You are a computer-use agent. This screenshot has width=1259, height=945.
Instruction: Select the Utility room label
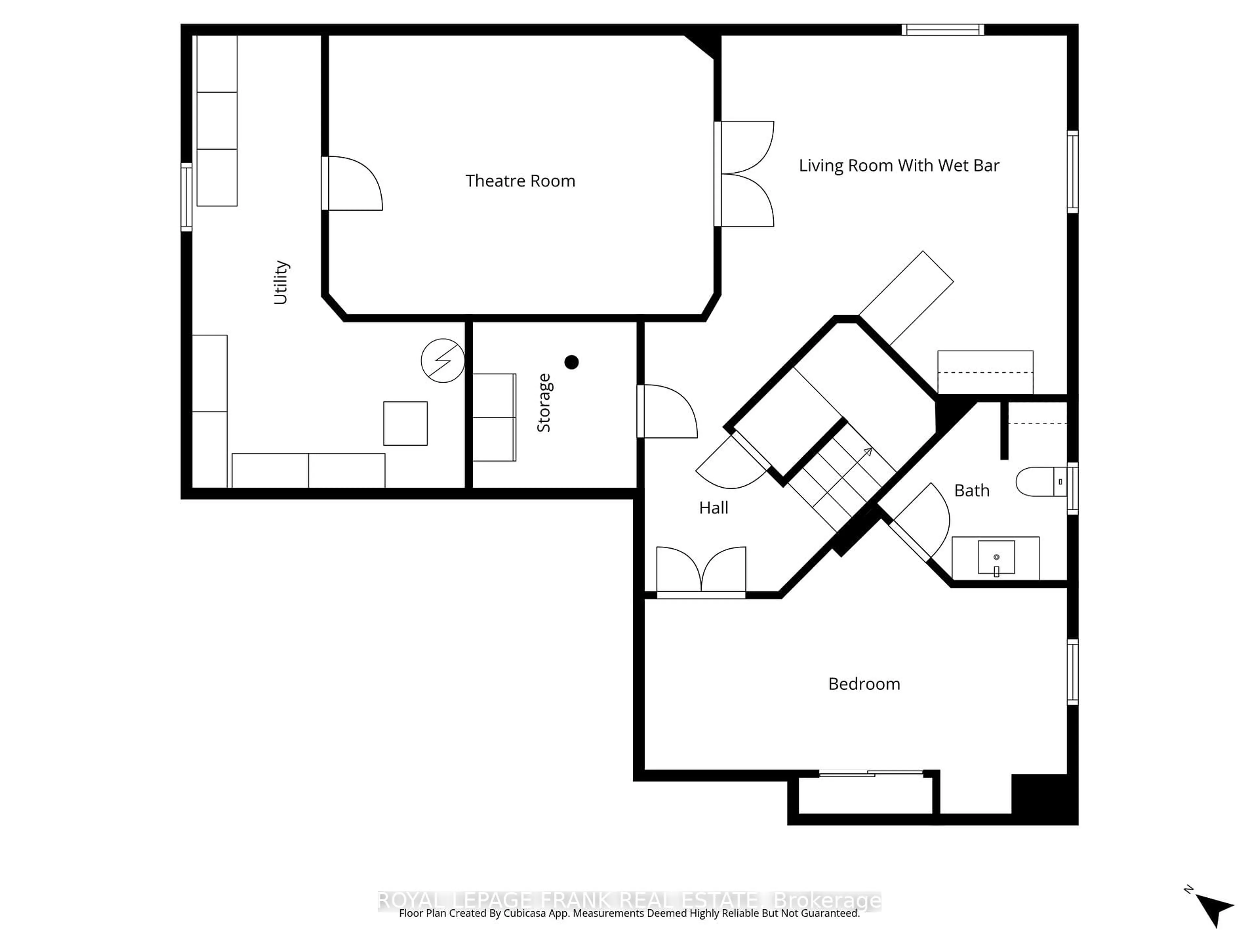[281, 283]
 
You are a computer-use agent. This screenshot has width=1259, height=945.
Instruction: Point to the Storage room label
[544, 403]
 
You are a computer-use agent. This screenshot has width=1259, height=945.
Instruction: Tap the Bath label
[971, 491]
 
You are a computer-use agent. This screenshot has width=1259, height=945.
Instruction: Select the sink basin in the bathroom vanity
[996, 557]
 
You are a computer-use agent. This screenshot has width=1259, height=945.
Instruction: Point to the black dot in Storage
[571, 362]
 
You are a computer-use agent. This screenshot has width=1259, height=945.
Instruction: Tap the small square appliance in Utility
[405, 423]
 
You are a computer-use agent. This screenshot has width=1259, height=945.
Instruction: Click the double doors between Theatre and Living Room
[746, 174]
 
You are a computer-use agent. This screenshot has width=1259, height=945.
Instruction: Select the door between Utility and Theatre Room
[353, 183]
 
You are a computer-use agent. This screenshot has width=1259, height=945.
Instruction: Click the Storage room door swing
[667, 411]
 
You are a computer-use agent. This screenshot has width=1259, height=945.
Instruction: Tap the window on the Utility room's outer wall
[186, 197]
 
